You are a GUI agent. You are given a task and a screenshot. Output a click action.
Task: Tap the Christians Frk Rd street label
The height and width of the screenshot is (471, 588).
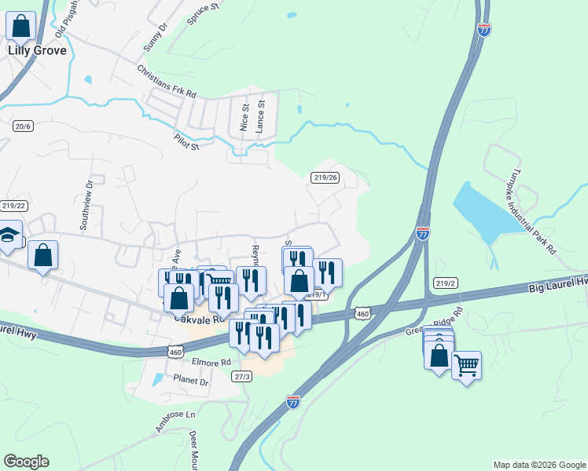166,81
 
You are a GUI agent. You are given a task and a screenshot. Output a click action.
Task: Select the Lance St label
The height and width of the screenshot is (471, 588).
262,114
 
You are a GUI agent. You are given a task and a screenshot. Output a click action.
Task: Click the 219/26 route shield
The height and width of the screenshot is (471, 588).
325,177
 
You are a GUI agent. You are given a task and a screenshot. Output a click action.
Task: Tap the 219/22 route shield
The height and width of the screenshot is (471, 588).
14,206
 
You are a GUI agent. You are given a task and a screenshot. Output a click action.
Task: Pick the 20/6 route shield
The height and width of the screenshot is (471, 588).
22,126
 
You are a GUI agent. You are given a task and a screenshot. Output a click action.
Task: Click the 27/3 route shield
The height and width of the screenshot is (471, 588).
242,377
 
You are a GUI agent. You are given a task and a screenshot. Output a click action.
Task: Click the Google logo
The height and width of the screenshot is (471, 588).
26,462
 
